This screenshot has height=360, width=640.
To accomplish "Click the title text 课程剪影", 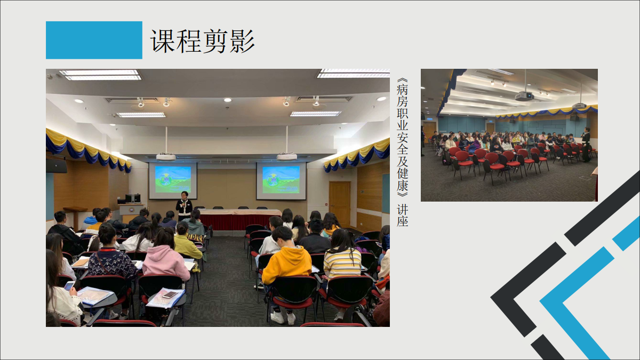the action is [202, 41].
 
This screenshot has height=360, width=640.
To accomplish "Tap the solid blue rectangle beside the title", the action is [94, 40].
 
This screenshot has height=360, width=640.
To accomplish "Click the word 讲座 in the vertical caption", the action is [402, 215].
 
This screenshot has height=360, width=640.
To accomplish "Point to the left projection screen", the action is [173, 181].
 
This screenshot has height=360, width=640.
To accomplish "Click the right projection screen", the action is [281, 181].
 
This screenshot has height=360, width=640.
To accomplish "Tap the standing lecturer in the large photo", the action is [184, 206].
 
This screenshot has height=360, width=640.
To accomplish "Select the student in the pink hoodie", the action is [166, 257].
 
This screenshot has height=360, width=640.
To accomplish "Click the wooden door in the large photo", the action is [340, 204].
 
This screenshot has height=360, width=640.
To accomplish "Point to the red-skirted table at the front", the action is [239, 219].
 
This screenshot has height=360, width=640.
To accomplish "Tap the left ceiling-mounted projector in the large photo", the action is [166, 157].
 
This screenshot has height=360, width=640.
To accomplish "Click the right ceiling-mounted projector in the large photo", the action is [286, 157].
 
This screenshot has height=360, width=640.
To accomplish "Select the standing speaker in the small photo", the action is [586, 145].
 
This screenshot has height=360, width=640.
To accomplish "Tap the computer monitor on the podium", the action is [133, 198].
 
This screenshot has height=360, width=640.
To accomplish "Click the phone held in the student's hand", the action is [69, 285].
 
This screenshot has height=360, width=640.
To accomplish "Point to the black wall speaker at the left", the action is [57, 166].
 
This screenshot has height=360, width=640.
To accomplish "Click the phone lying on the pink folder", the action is [170, 294].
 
